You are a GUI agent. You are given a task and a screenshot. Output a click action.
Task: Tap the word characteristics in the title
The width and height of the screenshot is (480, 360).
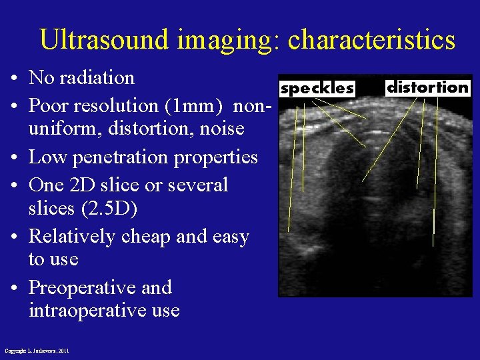point(371,40)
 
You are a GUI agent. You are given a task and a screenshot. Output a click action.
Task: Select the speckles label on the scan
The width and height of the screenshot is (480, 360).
point(317,88)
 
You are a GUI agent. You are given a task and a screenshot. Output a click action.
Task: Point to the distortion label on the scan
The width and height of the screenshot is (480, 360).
point(428,87)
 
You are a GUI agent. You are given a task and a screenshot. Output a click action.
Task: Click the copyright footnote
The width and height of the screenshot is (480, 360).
point(37,351)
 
